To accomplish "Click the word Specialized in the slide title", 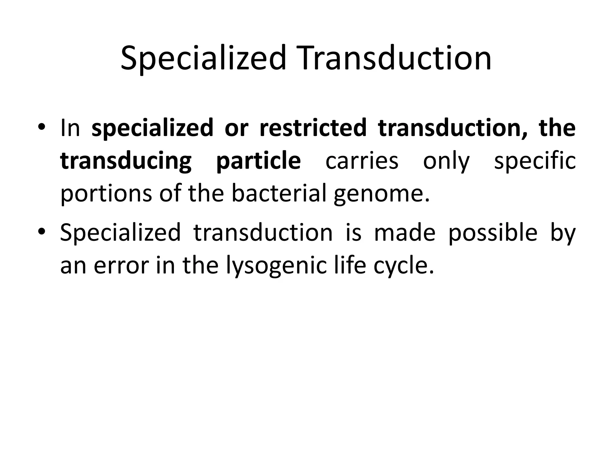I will click(204, 58).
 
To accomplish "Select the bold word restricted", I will click(313, 128).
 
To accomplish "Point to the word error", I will click(121, 266).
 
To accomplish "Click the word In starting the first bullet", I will click(70, 128).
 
